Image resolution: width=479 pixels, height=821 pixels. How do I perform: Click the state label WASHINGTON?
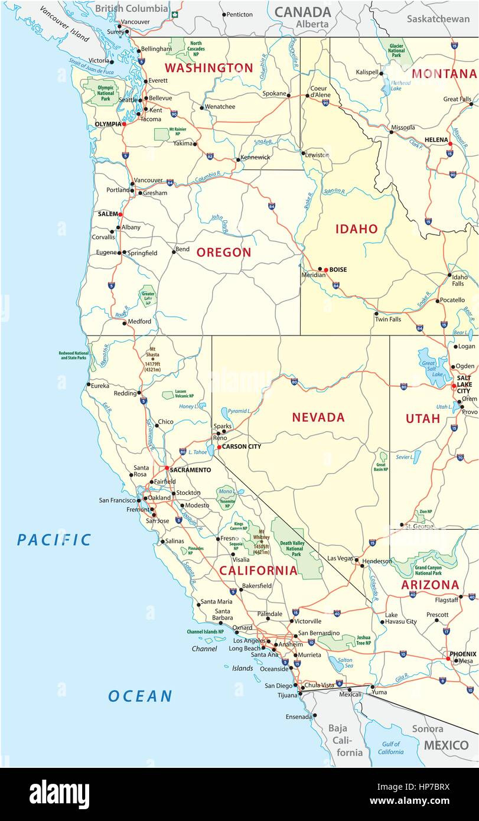tap(208, 68)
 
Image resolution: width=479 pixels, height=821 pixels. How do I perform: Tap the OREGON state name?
tap(224, 252)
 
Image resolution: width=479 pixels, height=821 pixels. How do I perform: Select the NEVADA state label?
tap(318, 418)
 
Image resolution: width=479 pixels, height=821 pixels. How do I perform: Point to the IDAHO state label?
tap(357, 229)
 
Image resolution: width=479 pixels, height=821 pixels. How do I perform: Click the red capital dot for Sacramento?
tap(167, 468)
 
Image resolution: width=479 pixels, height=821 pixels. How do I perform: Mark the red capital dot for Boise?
tap(325, 270)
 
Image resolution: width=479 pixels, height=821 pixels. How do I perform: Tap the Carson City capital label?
tap(242, 447)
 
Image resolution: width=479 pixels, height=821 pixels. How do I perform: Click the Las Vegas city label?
tap(340, 558)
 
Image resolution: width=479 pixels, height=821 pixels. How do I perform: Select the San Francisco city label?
tap(117, 500)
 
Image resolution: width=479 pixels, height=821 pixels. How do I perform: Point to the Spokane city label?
tap(274, 94)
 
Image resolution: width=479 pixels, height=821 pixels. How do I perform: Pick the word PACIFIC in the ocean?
tap(54, 539)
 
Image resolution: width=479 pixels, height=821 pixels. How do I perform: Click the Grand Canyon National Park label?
tap(428, 570)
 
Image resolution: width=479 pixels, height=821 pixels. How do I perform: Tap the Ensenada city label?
tap(298, 717)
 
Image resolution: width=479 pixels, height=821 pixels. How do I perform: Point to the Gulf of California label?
tap(390, 748)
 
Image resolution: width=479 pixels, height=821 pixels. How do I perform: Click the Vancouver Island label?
tap(66, 24)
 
